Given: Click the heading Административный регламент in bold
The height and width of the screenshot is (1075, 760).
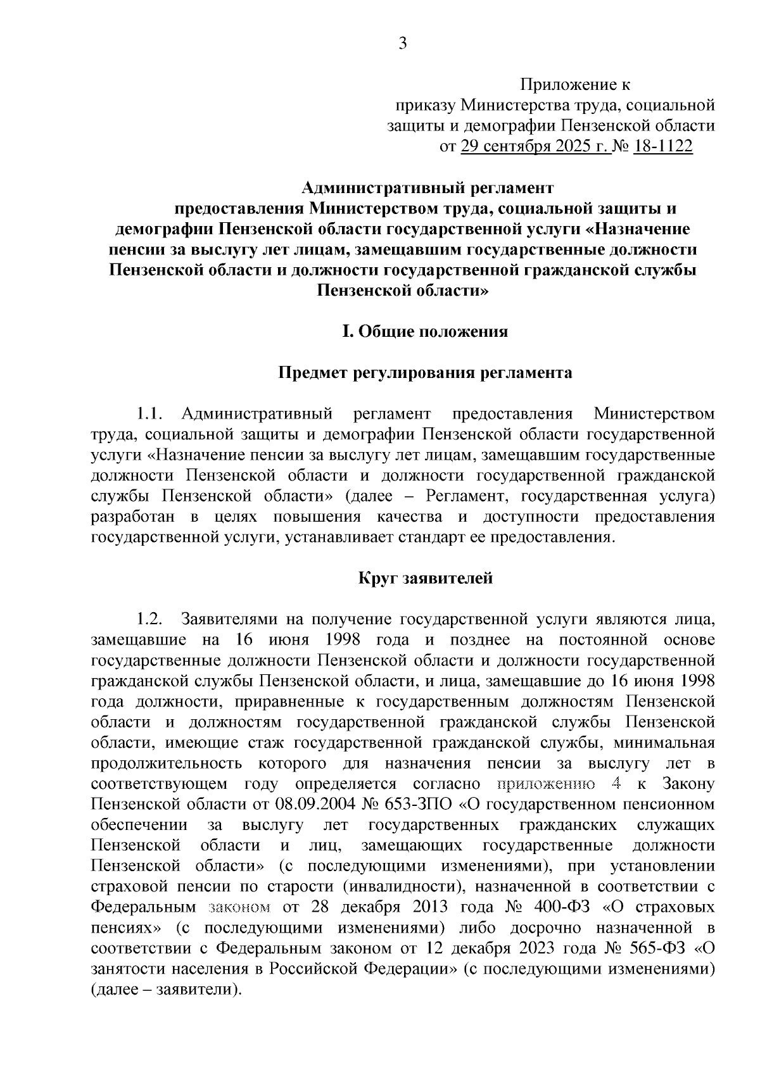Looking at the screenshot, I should tap(427, 188).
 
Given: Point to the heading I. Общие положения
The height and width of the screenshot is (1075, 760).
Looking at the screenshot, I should tap(425, 332).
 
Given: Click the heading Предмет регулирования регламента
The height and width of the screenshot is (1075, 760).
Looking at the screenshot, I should tap(426, 373).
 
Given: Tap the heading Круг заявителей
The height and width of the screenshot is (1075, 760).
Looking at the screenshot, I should tap(425, 578).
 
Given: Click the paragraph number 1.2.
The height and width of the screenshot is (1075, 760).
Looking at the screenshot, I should tap(151, 619).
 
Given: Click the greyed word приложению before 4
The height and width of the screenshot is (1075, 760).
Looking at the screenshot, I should tap(545, 784).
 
